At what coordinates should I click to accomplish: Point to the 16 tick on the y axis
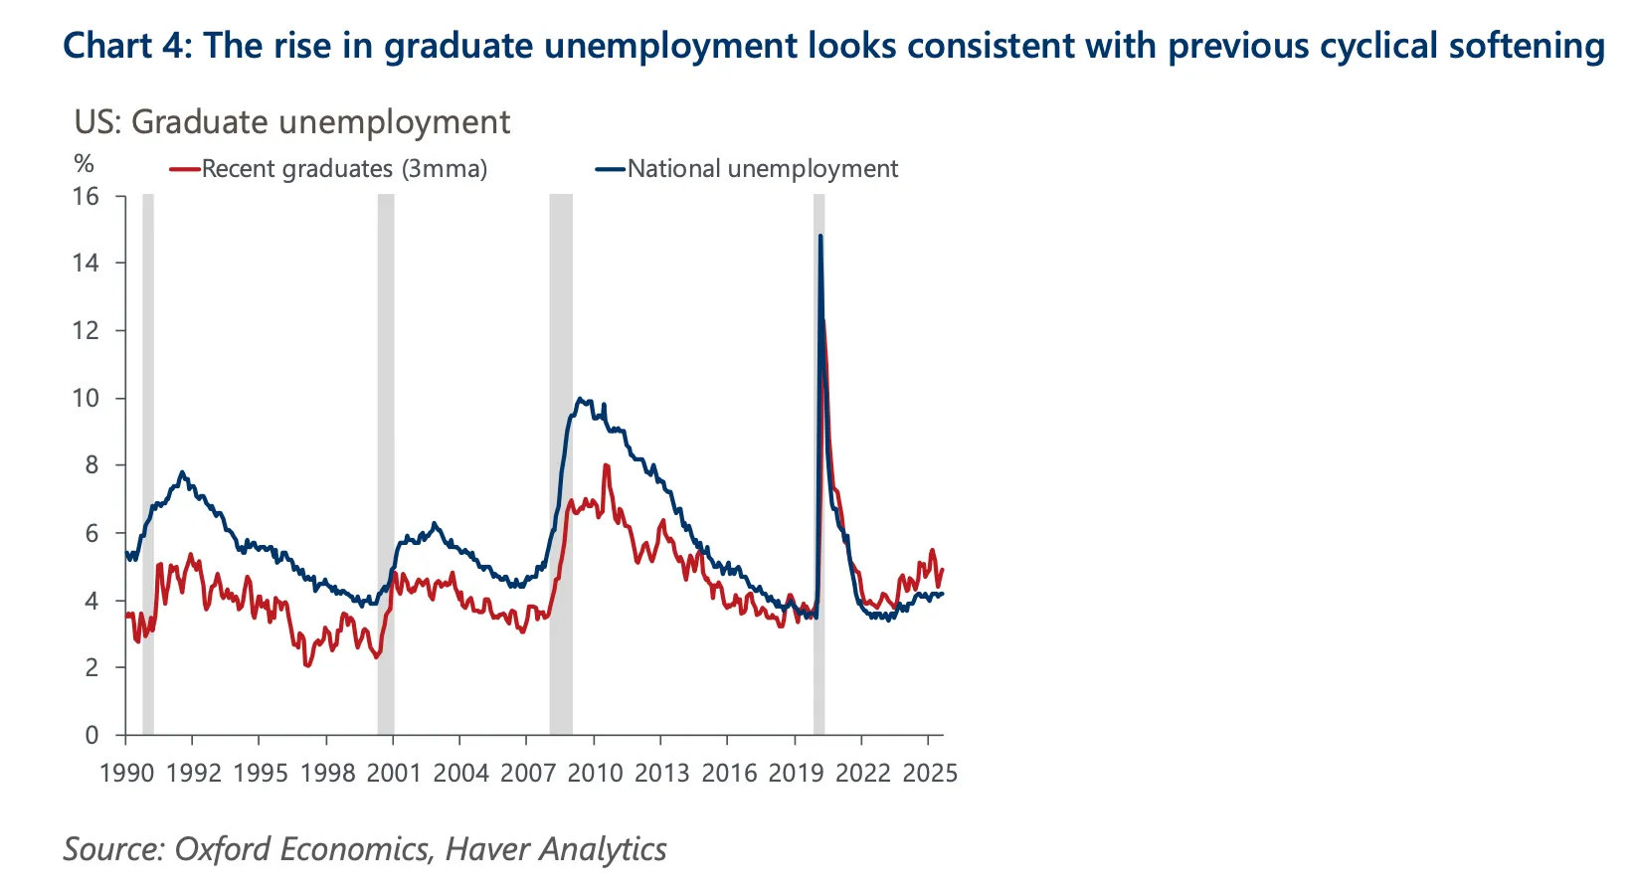(x=87, y=196)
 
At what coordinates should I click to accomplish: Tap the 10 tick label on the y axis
(x=87, y=398)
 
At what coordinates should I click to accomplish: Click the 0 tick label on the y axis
(x=92, y=735)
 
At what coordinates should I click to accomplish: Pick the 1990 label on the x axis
(x=126, y=774)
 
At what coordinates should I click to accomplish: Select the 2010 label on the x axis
(x=595, y=774)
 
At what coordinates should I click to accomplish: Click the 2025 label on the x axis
(x=929, y=774)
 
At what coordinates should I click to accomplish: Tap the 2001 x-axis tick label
(x=394, y=774)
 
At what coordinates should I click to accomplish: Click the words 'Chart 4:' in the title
(x=125, y=46)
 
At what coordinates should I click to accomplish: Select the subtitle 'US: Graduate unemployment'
(x=291, y=121)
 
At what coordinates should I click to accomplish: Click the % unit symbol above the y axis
(x=85, y=163)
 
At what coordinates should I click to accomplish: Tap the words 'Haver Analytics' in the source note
(x=556, y=849)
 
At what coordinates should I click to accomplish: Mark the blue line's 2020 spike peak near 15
(x=820, y=237)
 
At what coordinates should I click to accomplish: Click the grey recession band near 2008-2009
(x=561, y=457)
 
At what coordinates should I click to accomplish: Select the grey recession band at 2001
(x=386, y=457)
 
